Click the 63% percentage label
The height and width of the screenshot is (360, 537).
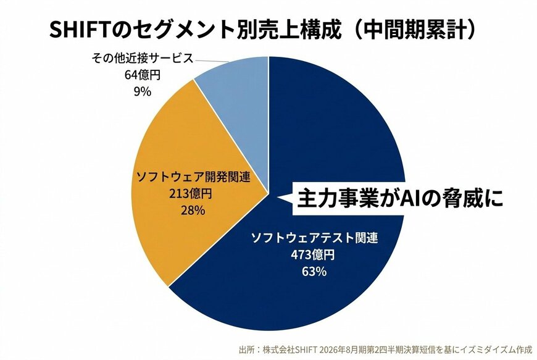coord(314,271)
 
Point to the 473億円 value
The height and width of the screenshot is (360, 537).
coord(314,254)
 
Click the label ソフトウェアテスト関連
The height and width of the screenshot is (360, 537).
coord(314,238)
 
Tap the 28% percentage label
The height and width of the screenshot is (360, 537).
coord(192,211)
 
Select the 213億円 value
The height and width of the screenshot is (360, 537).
coord(192,194)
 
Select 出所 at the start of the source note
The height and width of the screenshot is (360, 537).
coord(246,350)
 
